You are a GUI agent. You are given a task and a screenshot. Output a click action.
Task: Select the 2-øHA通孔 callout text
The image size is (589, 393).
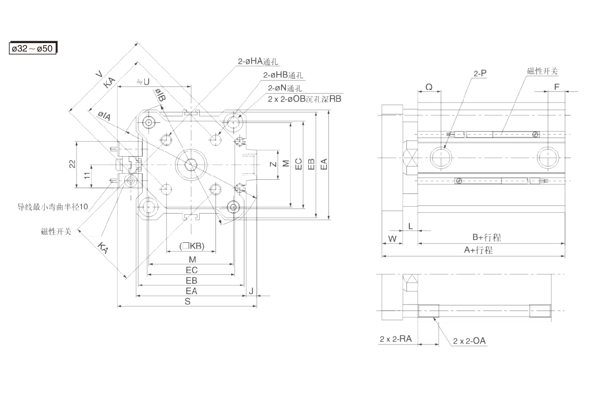coord(258,62)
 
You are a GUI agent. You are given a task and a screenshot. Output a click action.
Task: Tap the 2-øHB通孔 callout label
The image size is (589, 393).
coord(283,76)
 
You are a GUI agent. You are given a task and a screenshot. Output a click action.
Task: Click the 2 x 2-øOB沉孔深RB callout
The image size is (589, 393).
coord(304,99)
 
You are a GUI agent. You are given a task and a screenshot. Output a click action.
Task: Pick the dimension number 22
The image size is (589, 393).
coord(72,165)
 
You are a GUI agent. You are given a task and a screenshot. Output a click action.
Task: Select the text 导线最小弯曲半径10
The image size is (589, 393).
coord(54,207)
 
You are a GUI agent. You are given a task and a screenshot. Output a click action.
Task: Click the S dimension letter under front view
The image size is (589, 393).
coord(187,302)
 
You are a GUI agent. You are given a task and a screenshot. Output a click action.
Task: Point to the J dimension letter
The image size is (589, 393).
coord(251,291)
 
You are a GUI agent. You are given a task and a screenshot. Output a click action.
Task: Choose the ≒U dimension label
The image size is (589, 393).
coord(143,82)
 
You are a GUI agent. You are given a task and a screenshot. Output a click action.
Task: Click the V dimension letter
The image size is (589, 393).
coord(100,74)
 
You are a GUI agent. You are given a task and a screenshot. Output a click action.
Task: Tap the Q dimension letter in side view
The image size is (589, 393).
coord(428,87)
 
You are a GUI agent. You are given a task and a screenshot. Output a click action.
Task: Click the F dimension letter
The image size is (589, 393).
coord(556,87)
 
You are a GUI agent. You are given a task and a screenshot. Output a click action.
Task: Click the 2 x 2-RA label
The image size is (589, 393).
coord(396,339)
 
